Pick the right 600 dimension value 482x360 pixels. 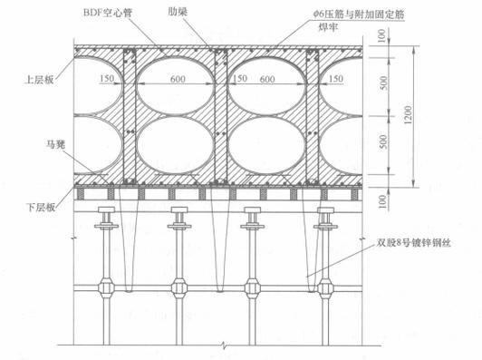point(267,79)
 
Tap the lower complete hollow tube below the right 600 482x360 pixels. point(269,150)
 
